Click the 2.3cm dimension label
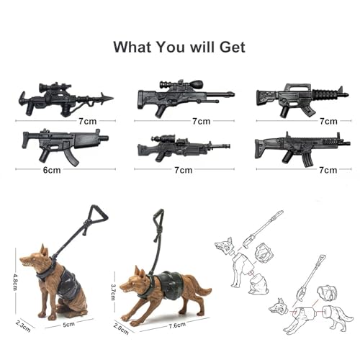(24, 324)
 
